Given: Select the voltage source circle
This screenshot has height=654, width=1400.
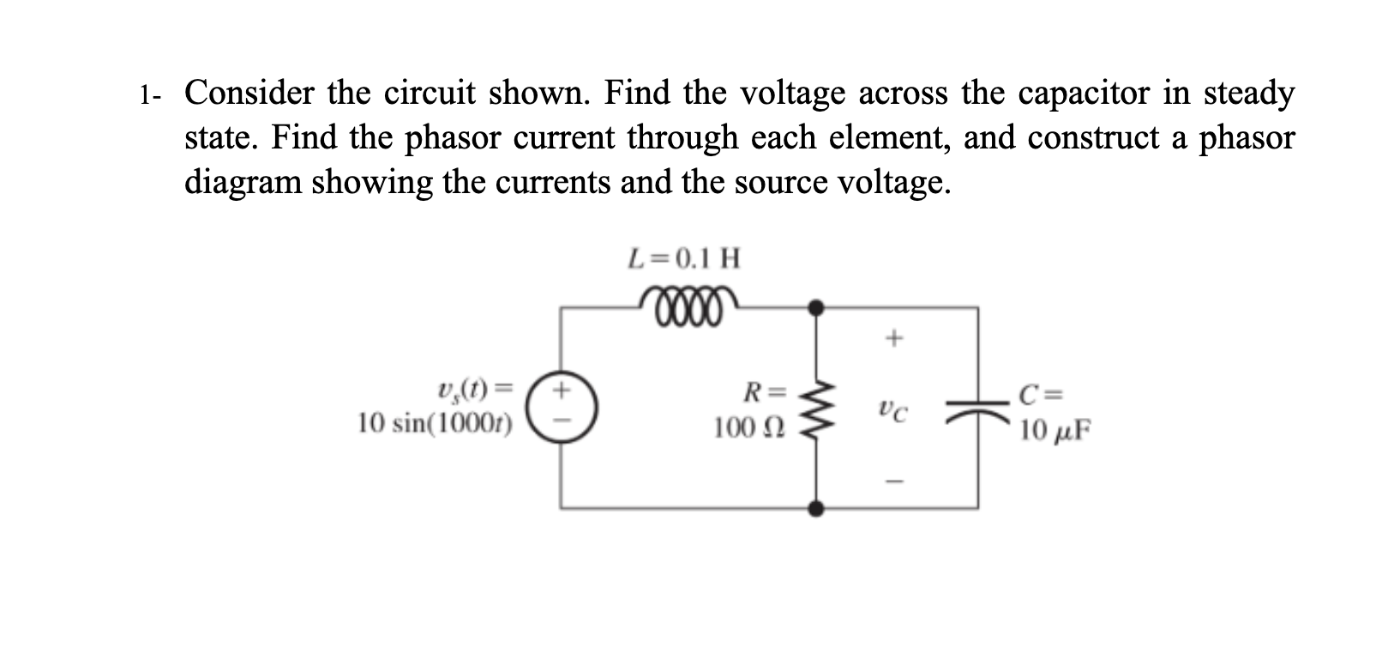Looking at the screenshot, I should tap(562, 408).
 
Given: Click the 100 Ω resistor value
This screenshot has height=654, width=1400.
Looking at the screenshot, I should tap(742, 427).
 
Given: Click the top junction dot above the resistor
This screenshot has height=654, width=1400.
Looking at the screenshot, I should tap(817, 306).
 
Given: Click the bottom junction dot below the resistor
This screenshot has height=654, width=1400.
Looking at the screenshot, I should tap(817, 508).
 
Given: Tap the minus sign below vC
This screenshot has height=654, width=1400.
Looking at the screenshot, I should tap(892, 480).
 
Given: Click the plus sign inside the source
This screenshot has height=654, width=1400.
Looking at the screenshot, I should tap(562, 391).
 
